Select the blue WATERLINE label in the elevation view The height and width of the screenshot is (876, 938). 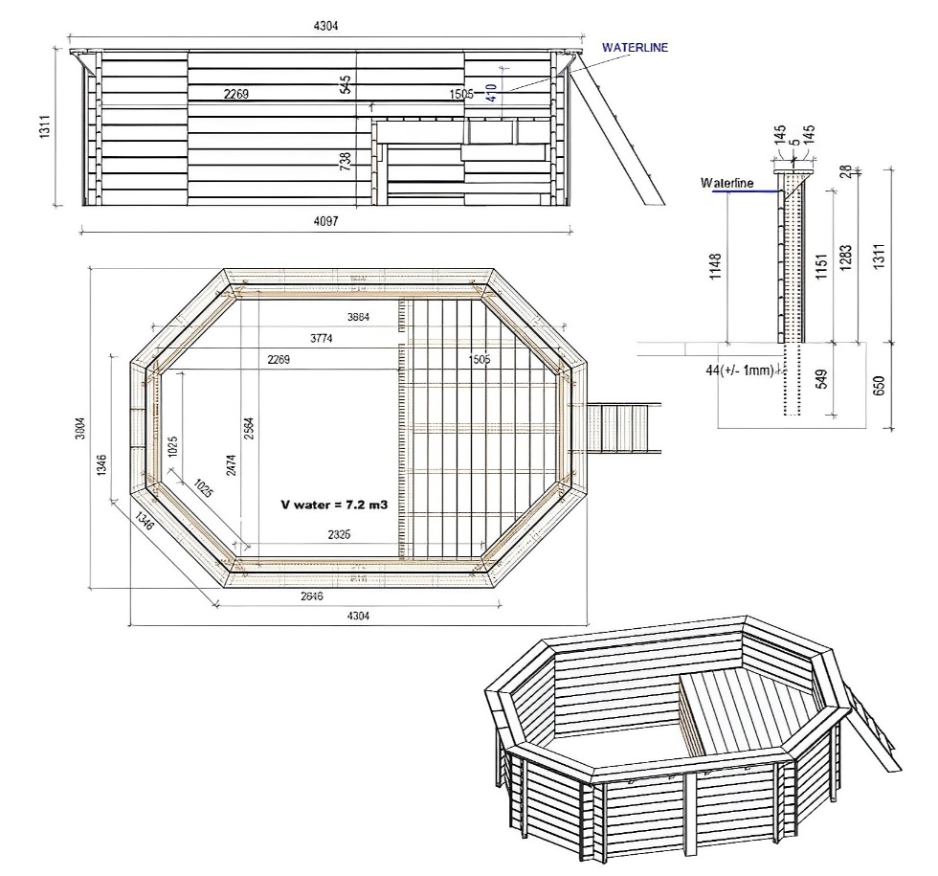[635, 46]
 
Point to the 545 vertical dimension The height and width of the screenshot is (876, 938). [346, 84]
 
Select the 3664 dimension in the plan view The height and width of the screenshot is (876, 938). [358, 316]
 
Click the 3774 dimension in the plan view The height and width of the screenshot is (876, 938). [329, 338]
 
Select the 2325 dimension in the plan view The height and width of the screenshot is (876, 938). [338, 534]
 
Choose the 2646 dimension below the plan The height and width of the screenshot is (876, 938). [311, 595]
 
